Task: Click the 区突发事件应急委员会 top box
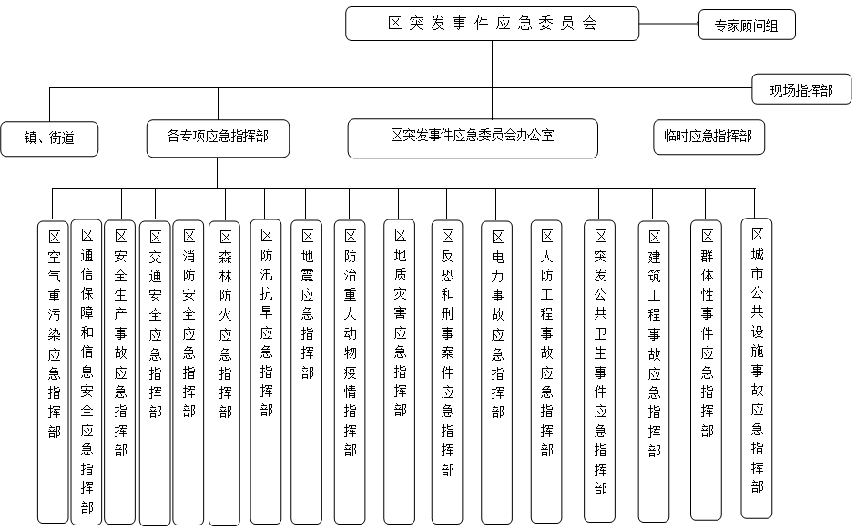tap(492, 24)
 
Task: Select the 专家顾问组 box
tap(747, 25)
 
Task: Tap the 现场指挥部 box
tap(801, 89)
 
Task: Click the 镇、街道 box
tap(49, 138)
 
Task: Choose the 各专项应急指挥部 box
tap(218, 138)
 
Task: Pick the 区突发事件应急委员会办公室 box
tap(473, 138)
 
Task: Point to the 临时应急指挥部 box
tap(708, 137)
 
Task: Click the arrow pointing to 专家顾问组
tap(668, 24)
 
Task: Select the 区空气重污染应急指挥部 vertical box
tap(53, 372)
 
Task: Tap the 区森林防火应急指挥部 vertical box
tap(224, 373)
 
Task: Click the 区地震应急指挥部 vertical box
tap(307, 372)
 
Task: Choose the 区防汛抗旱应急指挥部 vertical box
tap(266, 372)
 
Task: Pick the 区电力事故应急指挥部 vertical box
tap(496, 372)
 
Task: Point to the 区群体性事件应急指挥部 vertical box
tap(706, 370)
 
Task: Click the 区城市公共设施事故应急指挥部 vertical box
tap(756, 368)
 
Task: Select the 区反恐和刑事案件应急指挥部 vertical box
tap(447, 372)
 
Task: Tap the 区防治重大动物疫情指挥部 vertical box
tap(350, 372)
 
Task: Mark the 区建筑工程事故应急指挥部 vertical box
tap(653, 372)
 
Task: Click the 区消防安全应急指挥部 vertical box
tap(188, 372)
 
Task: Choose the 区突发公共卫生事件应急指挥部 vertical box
tap(600, 371)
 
